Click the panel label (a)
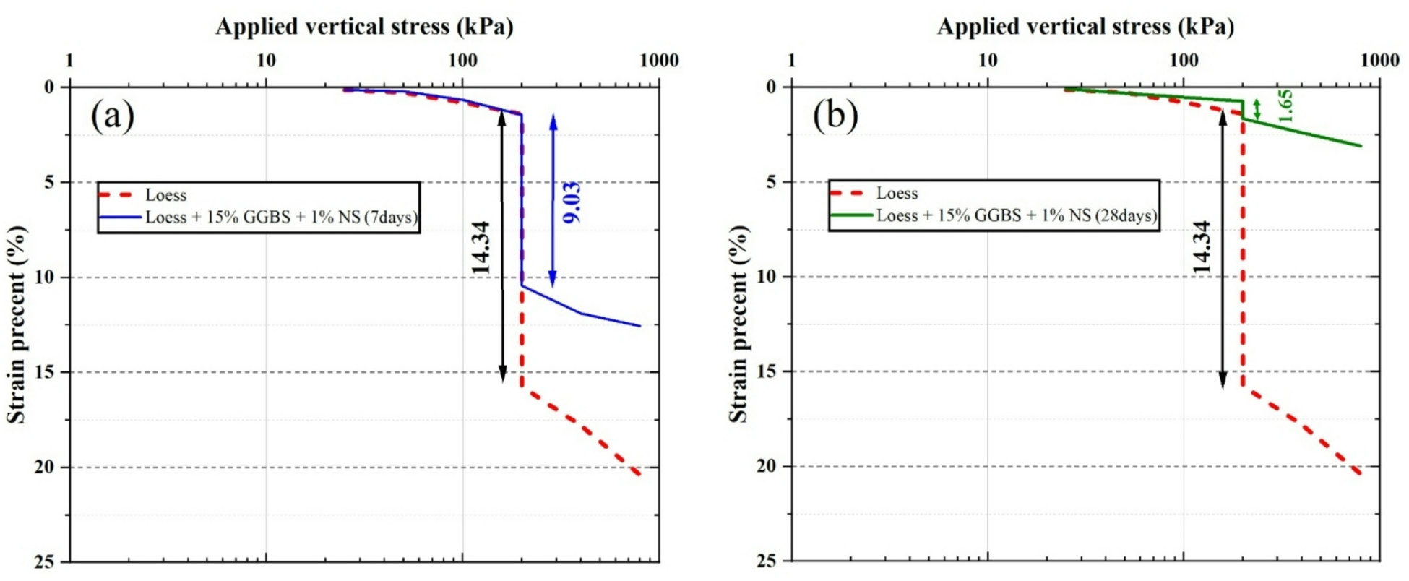point(113,115)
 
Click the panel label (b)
point(835,115)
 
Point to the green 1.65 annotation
point(1284,106)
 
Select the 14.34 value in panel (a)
point(481,248)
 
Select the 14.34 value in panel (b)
point(1201,248)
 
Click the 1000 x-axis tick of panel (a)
point(658,61)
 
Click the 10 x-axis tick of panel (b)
point(987,61)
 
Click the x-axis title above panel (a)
point(364,27)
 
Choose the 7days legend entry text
point(281,217)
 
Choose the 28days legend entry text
point(1016,215)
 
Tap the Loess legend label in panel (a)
point(165,195)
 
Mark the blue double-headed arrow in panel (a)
point(553,201)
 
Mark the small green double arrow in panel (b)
point(1257,109)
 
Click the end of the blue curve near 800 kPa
point(639,326)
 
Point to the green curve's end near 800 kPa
point(1361,146)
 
